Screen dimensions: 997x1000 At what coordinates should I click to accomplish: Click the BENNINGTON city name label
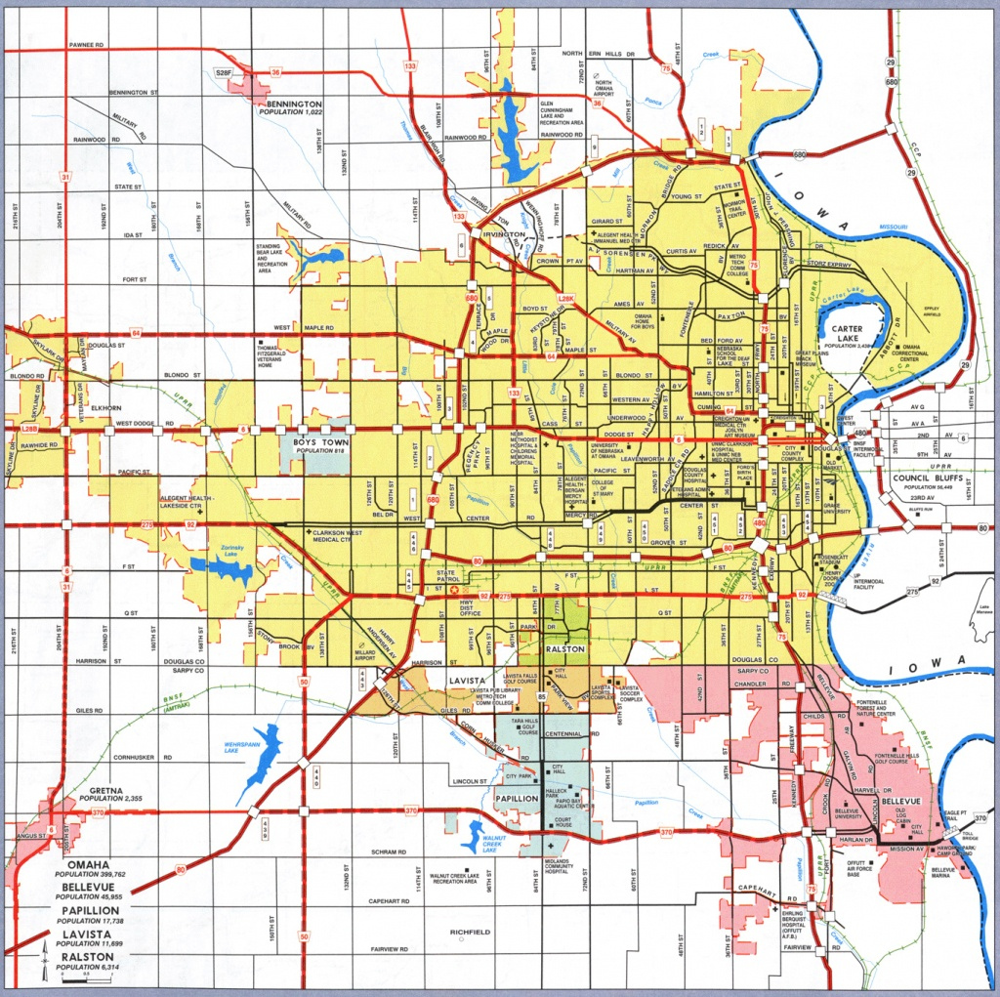285,103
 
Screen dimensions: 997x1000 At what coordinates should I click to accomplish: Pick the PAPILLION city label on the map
517,798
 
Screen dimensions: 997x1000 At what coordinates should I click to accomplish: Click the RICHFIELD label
470,933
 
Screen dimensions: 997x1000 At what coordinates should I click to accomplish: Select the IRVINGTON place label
503,234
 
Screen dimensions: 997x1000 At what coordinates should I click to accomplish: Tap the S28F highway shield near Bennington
225,71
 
